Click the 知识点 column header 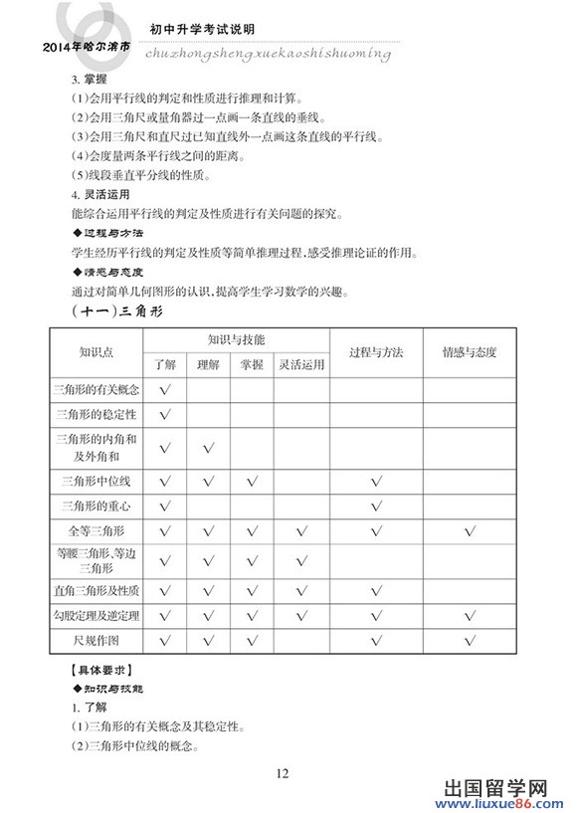(96, 352)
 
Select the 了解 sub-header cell (164, 365)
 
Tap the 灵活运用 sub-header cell (301, 365)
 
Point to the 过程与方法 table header (376, 352)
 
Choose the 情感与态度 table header (470, 352)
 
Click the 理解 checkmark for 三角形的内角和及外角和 (208, 447)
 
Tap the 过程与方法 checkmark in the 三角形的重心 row (376, 507)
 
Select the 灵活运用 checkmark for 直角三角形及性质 (301, 591)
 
